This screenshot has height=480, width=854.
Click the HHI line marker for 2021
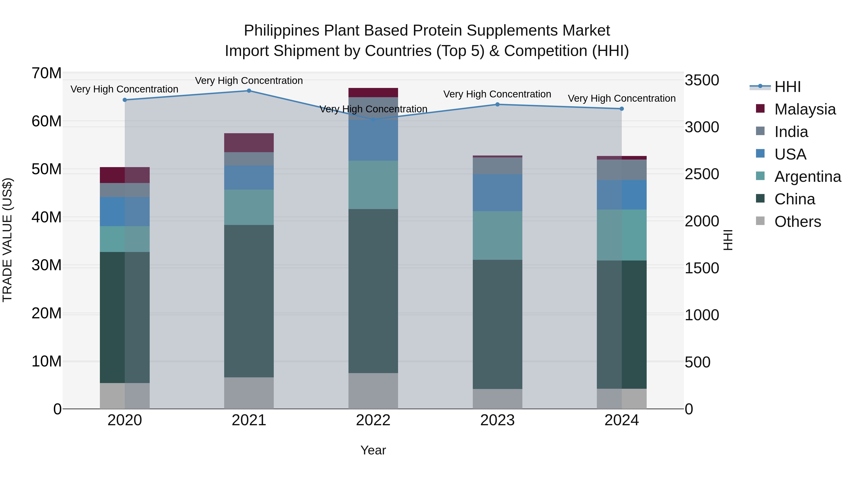(249, 91)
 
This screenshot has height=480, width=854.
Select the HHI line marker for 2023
(497, 104)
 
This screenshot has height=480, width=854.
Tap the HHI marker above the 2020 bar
(125, 100)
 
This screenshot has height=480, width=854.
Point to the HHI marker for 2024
(622, 109)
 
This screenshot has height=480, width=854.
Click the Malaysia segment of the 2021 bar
(249, 143)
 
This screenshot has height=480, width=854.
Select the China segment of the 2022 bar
(373, 291)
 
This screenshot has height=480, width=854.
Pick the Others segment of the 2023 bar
(497, 399)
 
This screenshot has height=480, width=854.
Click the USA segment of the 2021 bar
(249, 178)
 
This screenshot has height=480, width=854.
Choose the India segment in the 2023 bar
(497, 166)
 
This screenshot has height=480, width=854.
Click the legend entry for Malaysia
(805, 109)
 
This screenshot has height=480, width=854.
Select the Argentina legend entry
(808, 177)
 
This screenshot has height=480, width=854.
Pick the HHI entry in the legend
(787, 87)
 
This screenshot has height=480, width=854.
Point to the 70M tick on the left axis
(46, 73)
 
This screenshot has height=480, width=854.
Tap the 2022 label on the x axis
(373, 420)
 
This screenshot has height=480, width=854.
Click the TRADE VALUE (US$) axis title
(7, 240)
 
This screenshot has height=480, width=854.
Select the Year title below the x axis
(373, 450)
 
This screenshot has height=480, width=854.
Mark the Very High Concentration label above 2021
(249, 81)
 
